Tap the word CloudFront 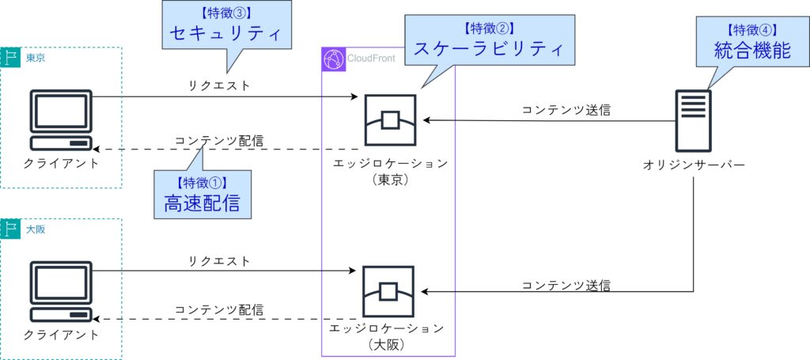372,59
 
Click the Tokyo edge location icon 390,121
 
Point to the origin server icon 693,121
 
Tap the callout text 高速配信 202,204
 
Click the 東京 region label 36,58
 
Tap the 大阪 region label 36,229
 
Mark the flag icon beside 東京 11,58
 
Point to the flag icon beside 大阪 11,229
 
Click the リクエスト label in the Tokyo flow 219,85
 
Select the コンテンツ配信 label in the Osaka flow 219,309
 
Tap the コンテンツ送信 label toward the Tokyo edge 566,110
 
